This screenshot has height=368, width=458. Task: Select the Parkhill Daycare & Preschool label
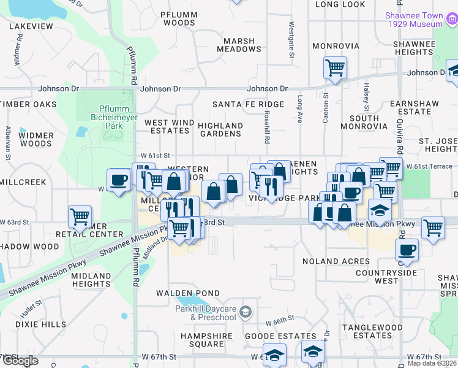pyautogui.click(x=205, y=313)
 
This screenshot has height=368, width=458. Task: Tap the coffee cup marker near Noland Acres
pyautogui.click(x=407, y=250)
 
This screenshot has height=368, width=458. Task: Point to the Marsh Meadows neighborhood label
pyautogui.click(x=235, y=45)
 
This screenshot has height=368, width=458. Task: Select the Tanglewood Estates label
pyautogui.click(x=367, y=331)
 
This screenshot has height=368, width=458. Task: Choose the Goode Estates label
pyautogui.click(x=280, y=336)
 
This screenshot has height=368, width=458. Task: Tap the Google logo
pyautogui.click(x=20, y=361)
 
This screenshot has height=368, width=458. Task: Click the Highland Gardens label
pyautogui.click(x=220, y=129)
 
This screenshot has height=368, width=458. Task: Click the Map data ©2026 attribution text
pyautogui.click(x=432, y=363)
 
